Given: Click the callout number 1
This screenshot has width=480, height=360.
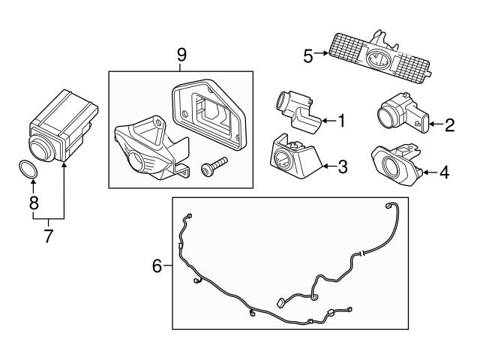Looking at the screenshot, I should [342, 119].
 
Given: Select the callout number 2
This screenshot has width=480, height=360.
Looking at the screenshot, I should [449, 124].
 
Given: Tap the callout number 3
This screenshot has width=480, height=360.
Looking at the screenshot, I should [342, 166].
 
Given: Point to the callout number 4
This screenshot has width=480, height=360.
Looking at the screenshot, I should [445, 172].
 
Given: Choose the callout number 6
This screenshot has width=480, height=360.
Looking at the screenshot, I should [157, 265].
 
